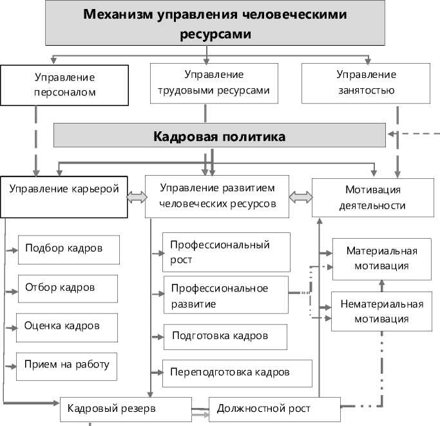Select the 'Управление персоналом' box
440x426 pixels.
coord(64,84)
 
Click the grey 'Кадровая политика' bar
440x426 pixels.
coord(219,137)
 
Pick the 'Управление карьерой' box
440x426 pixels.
coord(64,196)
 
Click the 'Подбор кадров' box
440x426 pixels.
coord(68,248)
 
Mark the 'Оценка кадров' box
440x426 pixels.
coord(67,326)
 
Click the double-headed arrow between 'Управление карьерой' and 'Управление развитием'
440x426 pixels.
coord(136,199)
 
